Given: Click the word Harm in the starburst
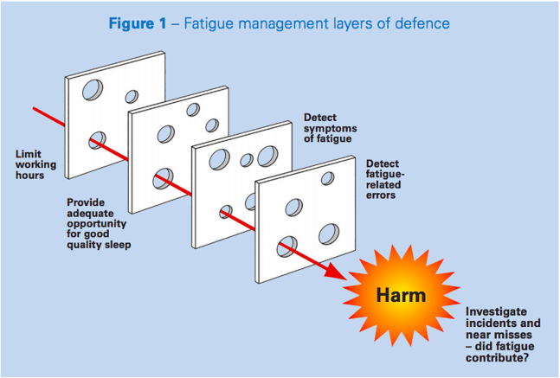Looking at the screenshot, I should point(401,295).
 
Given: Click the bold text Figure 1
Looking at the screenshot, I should point(138,23).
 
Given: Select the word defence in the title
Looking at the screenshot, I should point(421,23).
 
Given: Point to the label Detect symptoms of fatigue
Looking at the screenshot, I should point(330,128).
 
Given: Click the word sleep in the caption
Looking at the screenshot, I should point(126,244).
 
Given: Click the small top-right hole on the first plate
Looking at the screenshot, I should point(132,96).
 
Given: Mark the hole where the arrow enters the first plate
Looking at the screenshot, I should point(97,139).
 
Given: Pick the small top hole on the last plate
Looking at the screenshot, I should point(327,178).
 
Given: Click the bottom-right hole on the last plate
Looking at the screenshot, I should point(328,234).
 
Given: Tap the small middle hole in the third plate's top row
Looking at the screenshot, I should point(246,159).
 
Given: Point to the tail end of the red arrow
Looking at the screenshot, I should point(35,109).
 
